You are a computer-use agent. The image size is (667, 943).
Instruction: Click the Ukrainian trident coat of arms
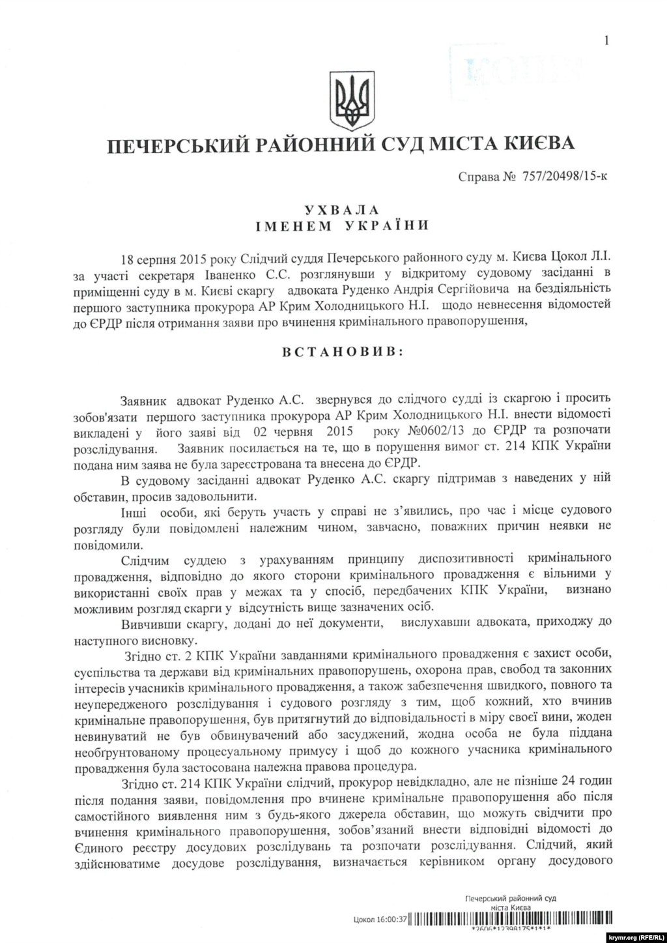(x=352, y=101)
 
